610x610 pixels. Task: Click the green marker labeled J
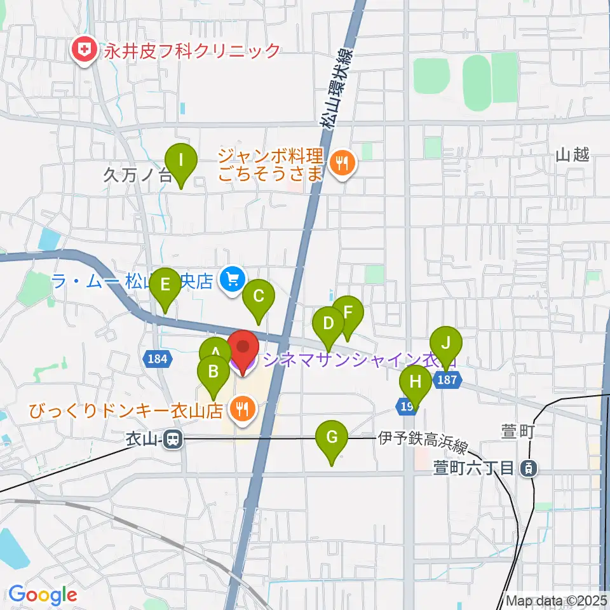[x=446, y=345]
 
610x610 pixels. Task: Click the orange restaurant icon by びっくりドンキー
[x=241, y=409]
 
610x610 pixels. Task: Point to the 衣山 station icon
[x=172, y=438]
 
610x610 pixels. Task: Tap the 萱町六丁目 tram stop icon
[x=528, y=469]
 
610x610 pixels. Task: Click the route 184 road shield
[x=157, y=359]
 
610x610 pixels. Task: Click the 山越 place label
[x=572, y=154]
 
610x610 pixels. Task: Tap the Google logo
[x=43, y=595]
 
